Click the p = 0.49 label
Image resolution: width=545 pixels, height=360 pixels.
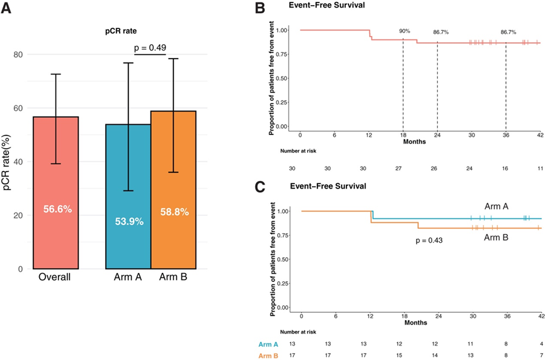pyautogui.click(x=150, y=47)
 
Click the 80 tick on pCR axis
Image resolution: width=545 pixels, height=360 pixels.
pyautogui.click(x=19, y=54)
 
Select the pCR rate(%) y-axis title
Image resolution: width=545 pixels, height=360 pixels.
pyautogui.click(x=11, y=161)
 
